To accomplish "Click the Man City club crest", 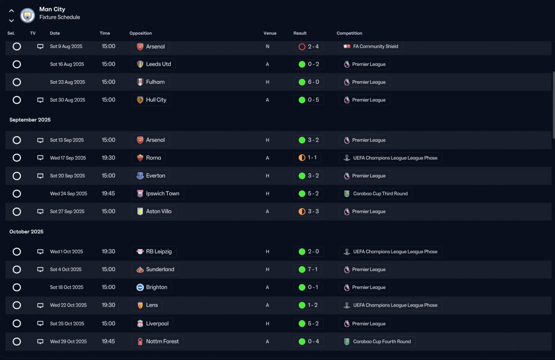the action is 27,15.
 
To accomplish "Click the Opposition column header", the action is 140,33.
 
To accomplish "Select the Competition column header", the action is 349,33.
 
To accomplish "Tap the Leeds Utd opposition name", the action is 158,64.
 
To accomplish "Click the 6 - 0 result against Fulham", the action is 313,82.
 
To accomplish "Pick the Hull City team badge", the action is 140,100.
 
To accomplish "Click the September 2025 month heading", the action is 30,120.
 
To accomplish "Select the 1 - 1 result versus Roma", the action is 312,158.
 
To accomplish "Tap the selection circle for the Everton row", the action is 16,176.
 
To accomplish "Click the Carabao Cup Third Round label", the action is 380,193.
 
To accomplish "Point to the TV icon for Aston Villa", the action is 40,212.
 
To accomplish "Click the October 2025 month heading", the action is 26,232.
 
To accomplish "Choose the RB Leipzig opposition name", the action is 159,252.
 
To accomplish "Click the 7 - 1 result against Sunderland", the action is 313,269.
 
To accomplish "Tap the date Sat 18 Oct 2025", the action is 66,288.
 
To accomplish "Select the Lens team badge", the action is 140,305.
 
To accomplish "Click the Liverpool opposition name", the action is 157,324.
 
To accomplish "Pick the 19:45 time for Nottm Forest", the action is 108,341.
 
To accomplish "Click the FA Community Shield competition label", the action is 375,46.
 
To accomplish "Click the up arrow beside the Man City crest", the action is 11,11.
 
